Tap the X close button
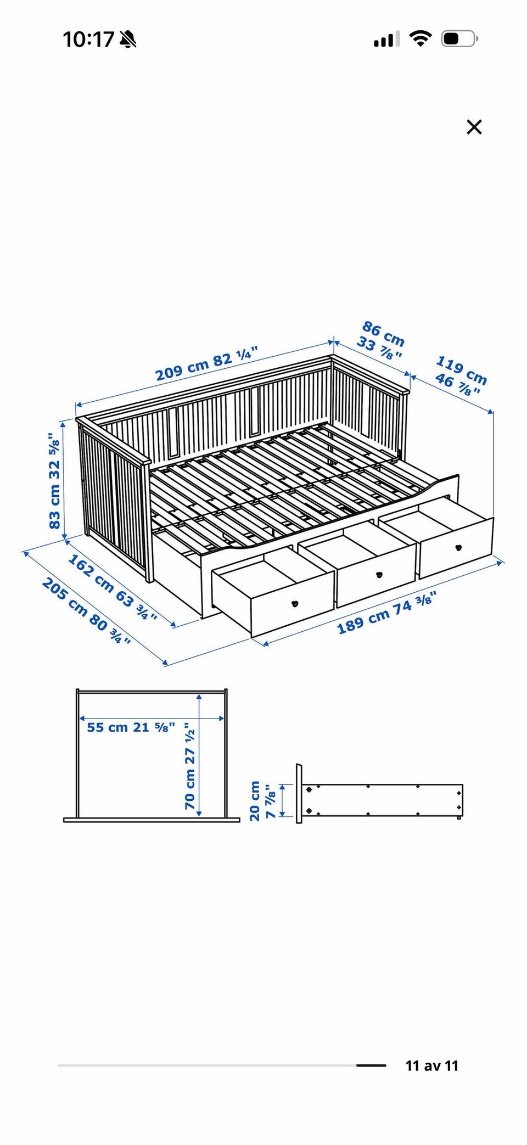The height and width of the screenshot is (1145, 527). point(474,127)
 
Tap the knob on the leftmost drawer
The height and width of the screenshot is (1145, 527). point(295,604)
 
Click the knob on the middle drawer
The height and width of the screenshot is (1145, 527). point(378,575)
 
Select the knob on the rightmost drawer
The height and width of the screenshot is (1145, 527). point(458,547)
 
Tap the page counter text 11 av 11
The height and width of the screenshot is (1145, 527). point(432,1065)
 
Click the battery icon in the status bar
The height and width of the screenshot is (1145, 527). point(460,39)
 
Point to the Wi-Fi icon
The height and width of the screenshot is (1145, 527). point(420,39)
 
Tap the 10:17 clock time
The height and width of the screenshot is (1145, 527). point(88,40)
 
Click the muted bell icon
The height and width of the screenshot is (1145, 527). point(128,40)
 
